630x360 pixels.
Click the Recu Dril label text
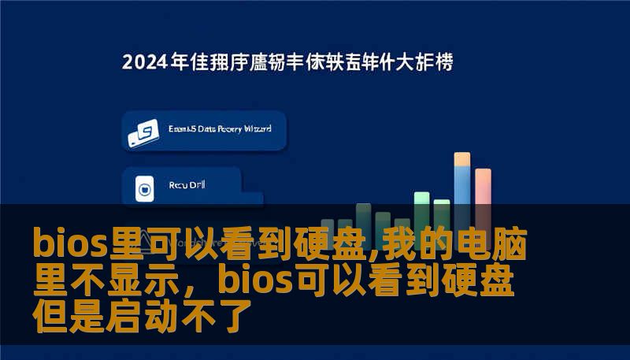(x=187, y=186)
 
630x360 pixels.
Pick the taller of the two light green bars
(x=422, y=202)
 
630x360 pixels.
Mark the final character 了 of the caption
(x=235, y=317)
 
